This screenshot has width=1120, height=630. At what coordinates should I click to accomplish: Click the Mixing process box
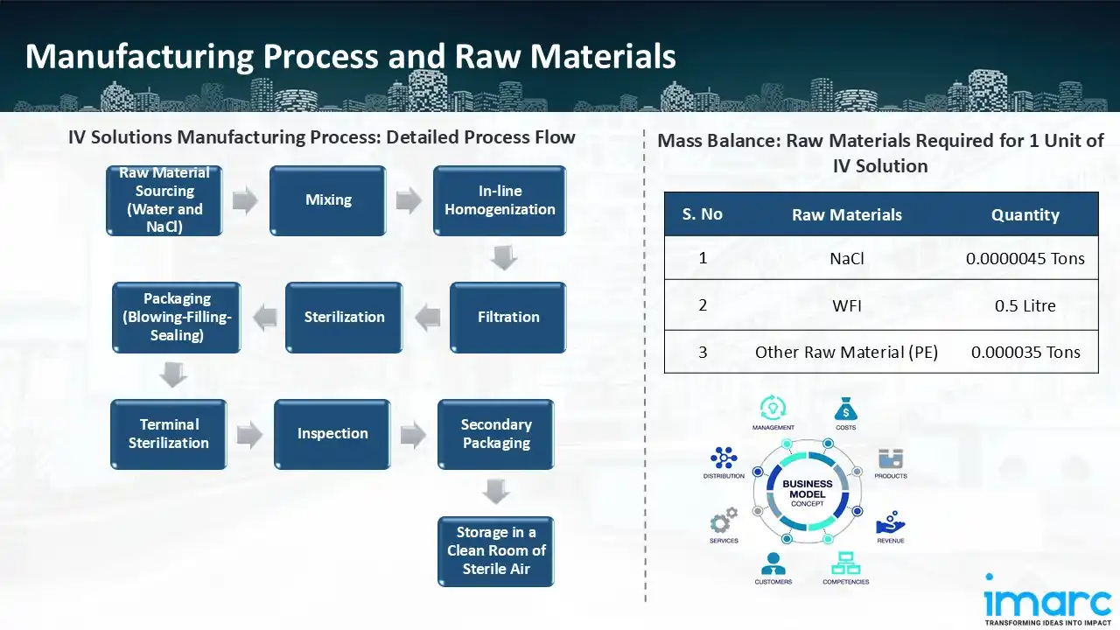[x=328, y=200]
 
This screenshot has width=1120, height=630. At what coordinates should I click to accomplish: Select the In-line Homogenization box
[x=500, y=200]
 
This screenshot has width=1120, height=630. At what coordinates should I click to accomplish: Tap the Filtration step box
[x=507, y=317]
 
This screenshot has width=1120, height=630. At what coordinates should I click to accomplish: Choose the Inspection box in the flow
[x=332, y=434]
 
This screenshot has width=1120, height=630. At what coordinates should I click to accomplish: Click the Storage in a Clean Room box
[x=496, y=550]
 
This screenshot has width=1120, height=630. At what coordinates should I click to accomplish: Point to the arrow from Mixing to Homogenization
[x=409, y=200]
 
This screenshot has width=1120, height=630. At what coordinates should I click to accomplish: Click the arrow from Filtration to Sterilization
[x=427, y=318]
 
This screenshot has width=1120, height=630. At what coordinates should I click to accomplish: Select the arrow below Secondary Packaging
[x=496, y=492]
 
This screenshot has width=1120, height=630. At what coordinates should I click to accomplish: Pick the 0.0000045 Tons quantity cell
[x=1025, y=258]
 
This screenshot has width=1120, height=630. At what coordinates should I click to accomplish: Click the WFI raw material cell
[x=846, y=305]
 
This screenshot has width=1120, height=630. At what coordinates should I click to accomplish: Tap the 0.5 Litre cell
[x=1025, y=305]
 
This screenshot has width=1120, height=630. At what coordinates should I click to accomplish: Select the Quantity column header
[x=1025, y=214]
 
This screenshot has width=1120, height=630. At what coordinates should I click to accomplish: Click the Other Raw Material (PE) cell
[x=846, y=353]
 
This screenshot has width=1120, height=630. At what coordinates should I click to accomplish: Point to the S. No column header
[x=702, y=214]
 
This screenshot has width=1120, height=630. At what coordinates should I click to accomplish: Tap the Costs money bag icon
[x=845, y=409]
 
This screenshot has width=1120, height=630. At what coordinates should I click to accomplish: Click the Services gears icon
[x=723, y=521]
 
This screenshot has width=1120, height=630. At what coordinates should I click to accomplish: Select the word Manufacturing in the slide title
[x=138, y=56]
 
